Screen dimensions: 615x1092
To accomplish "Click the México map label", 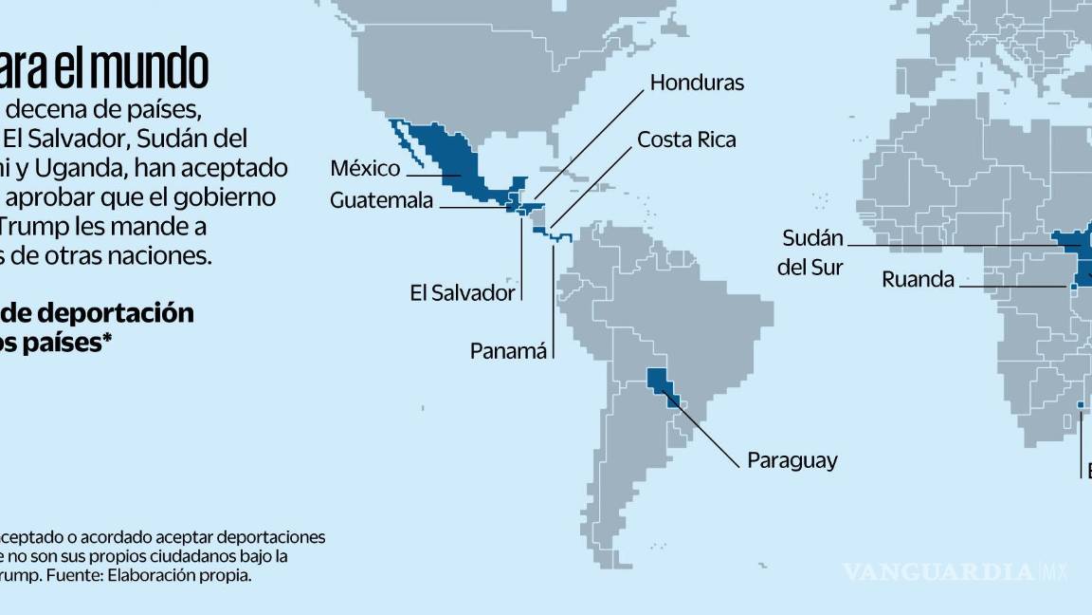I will [x=364, y=169].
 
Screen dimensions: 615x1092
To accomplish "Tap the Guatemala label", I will [x=381, y=200].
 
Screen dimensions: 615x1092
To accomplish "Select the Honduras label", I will [x=697, y=83].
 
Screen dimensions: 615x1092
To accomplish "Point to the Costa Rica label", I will [x=686, y=140].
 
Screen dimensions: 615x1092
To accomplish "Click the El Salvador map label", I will [x=462, y=292].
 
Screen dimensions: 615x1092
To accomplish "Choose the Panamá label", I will [x=509, y=351].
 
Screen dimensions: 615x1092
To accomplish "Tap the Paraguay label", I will [x=792, y=461].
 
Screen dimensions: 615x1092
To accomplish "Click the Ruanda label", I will [x=918, y=279].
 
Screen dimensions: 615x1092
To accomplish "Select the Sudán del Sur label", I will [x=811, y=252].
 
